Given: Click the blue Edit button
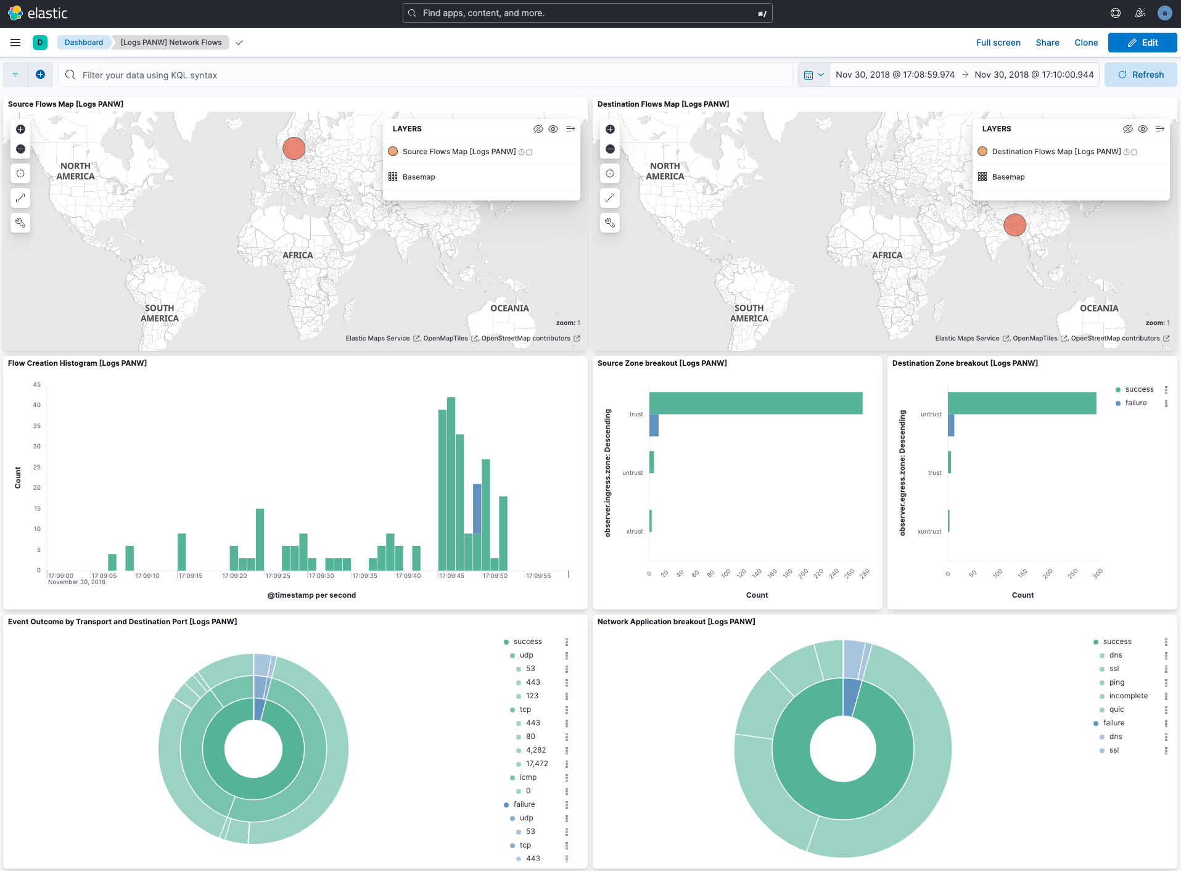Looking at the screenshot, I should pos(1142,43).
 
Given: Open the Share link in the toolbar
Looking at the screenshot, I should pos(1047,43).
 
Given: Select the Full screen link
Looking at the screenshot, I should pos(998,43).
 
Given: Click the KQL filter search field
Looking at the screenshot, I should pos(426,75).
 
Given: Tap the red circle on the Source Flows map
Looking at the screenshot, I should pos(294,149).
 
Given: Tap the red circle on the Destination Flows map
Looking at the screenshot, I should pos(1014,225).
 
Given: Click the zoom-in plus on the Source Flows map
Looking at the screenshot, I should pos(20,129).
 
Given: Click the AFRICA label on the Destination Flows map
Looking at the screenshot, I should pos(887,255).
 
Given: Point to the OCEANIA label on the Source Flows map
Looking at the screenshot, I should pos(509,308).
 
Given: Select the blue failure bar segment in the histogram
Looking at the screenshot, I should pos(477,508).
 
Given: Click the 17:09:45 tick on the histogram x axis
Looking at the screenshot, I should pos(451,576).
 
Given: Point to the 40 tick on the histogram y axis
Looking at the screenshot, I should pos(37,405).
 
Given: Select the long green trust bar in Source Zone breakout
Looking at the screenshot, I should pos(755,403).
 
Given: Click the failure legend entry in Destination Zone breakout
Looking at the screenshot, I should pos(1135,403).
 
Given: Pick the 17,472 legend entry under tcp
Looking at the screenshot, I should pos(537,764).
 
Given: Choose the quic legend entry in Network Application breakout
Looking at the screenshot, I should pos(1116,709).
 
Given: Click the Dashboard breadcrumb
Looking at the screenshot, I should pos(84,43).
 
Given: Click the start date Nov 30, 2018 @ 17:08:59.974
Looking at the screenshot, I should pos(895,75).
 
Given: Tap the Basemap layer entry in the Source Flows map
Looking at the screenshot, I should pos(419,177).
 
